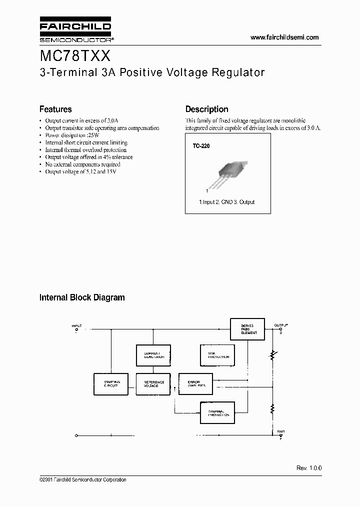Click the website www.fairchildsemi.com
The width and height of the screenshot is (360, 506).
284,37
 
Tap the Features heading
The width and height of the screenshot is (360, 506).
55,109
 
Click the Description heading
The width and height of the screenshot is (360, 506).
206,109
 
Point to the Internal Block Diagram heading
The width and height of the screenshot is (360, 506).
82,297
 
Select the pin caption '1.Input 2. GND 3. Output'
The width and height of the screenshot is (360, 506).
227,202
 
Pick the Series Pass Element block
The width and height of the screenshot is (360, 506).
249,329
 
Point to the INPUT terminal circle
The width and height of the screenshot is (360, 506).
76,329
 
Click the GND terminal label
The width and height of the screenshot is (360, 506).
280,431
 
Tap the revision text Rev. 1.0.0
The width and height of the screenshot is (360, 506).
309,468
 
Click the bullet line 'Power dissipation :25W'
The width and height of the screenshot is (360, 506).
72,135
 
